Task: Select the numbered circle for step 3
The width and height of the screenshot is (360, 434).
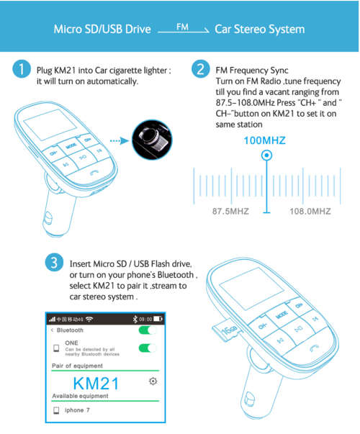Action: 54,263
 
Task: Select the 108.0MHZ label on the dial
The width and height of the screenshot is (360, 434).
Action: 310,212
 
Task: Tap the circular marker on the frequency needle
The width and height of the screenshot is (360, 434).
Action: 267,155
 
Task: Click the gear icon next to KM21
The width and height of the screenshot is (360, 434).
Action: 153,381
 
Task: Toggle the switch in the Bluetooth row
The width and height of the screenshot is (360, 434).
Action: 148,330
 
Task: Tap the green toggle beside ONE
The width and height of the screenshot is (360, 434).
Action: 148,348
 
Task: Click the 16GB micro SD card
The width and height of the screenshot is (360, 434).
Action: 230,328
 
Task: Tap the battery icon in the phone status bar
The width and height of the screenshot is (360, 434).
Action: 157,318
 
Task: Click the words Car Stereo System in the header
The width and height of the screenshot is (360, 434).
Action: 259,30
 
